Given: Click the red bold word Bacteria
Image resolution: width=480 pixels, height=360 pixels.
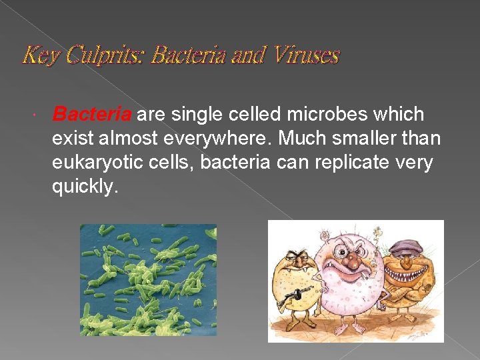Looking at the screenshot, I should [x=92, y=115].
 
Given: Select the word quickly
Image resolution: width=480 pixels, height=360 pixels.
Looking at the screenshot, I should [x=85, y=187].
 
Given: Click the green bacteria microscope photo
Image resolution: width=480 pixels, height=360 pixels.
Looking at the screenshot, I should [x=148, y=279].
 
